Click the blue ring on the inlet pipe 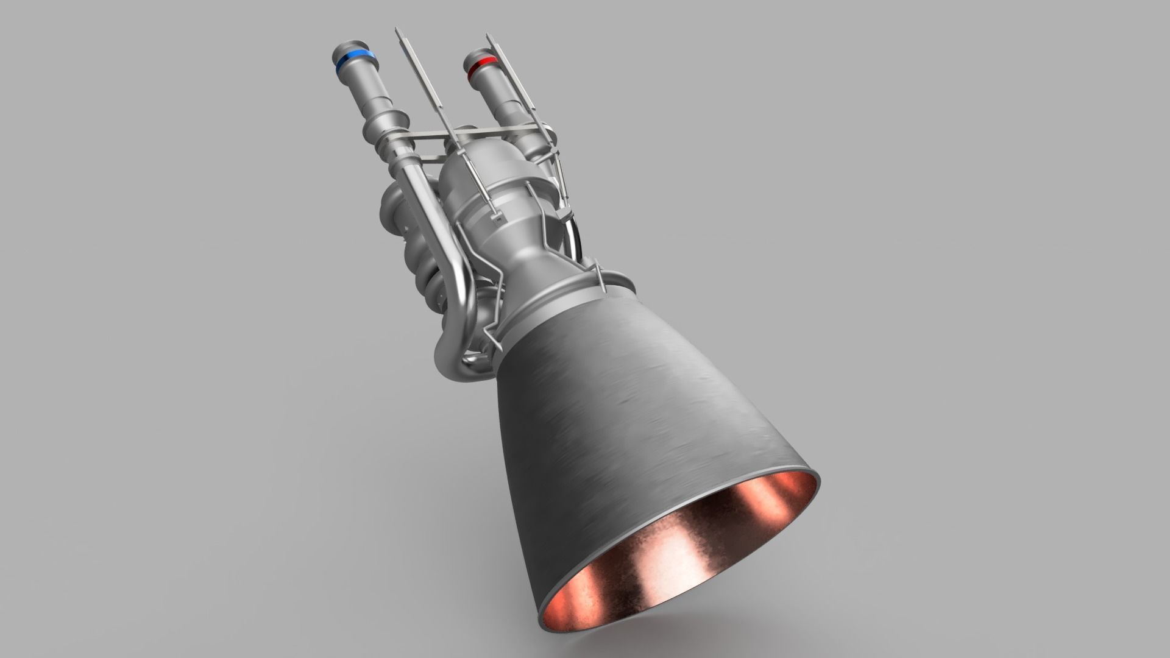pyautogui.click(x=355, y=60)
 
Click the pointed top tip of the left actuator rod pyautogui.click(x=397, y=30)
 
